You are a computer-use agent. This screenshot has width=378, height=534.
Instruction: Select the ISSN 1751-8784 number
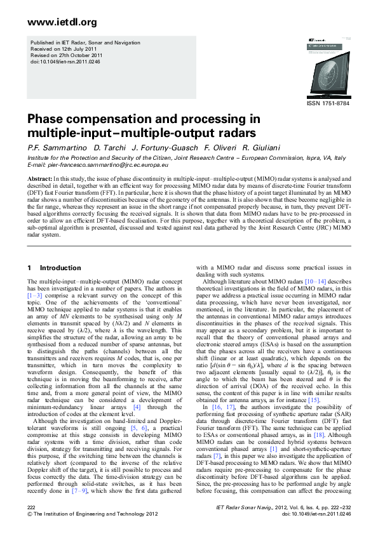[x=327, y=103]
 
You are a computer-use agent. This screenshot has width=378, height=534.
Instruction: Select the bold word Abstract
[x=39, y=179]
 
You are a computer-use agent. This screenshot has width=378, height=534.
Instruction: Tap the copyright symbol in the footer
[x=30, y=514]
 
